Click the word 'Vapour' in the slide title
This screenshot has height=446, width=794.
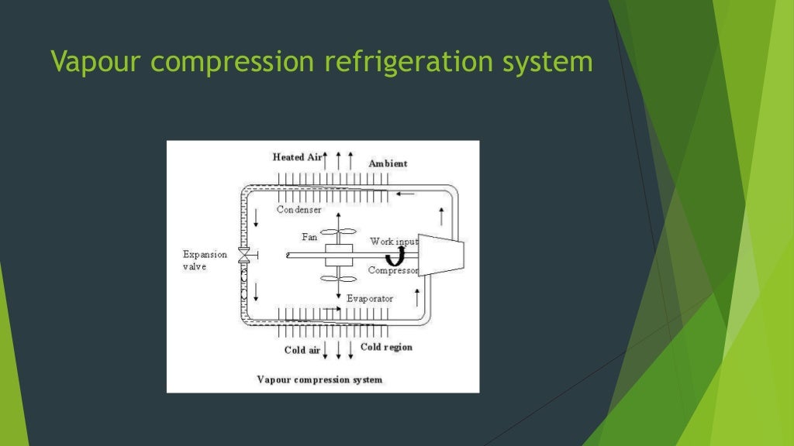pyautogui.click(x=91, y=62)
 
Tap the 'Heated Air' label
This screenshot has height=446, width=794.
pyautogui.click(x=297, y=157)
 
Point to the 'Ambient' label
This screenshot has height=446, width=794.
pyautogui.click(x=388, y=163)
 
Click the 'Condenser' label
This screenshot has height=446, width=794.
pyautogui.click(x=299, y=210)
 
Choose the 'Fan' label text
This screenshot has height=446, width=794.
pyautogui.click(x=309, y=236)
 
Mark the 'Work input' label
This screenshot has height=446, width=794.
pyautogui.click(x=394, y=242)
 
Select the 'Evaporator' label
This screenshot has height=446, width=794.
pyautogui.click(x=370, y=298)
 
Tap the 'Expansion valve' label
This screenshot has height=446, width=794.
pyautogui.click(x=205, y=260)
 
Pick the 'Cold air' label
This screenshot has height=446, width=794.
pyautogui.click(x=302, y=350)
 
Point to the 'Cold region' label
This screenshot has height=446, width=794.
pyautogui.click(x=386, y=347)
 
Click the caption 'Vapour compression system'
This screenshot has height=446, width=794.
pyautogui.click(x=319, y=379)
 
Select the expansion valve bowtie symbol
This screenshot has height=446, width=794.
pyautogui.click(x=243, y=255)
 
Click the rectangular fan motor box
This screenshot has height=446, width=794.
pyautogui.click(x=339, y=255)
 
